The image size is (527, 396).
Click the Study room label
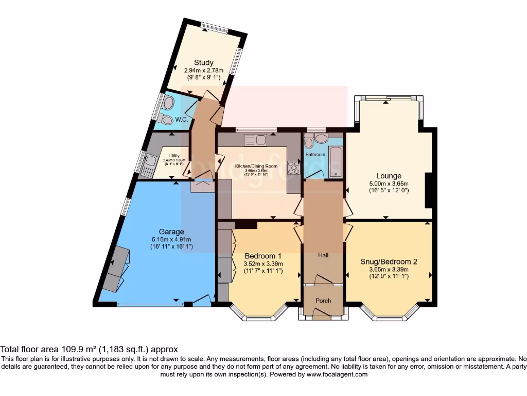tap(204, 63)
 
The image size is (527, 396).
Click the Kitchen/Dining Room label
tap(256, 166)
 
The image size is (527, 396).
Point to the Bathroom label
tap(315, 154)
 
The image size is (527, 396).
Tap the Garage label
tap(171, 232)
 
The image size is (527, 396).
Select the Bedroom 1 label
tap(263, 256)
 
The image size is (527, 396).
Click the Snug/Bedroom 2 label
tap(389, 261)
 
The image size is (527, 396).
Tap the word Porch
tap(323, 301)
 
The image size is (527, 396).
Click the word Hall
tap(323, 256)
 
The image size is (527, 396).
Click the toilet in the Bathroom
tap(309, 142)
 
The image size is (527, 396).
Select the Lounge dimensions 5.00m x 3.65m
tap(389, 184)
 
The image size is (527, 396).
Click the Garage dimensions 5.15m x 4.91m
tap(171, 239)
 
